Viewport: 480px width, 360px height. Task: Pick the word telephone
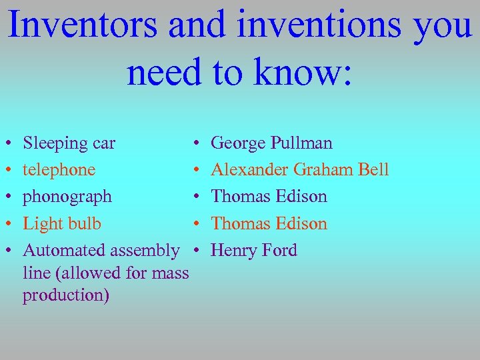click(59, 170)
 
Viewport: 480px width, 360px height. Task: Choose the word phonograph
click(67, 197)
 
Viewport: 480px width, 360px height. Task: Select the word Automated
click(64, 251)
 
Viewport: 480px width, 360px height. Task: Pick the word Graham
click(322, 170)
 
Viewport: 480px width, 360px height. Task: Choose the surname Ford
click(279, 251)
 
